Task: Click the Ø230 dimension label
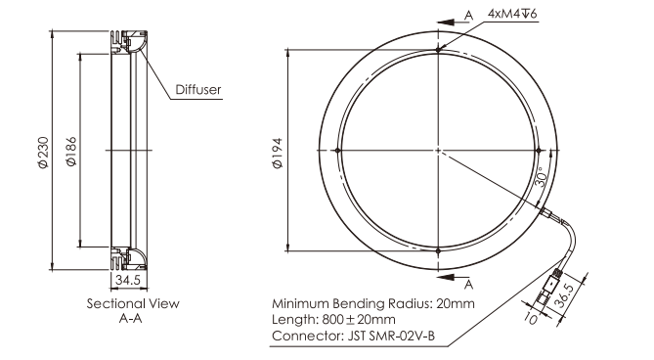43,153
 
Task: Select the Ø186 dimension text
71,152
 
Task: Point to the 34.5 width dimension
128,280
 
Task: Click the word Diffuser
198,90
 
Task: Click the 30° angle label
541,177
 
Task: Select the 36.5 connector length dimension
568,295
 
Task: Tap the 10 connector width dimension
531,319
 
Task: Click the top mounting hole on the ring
438,50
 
